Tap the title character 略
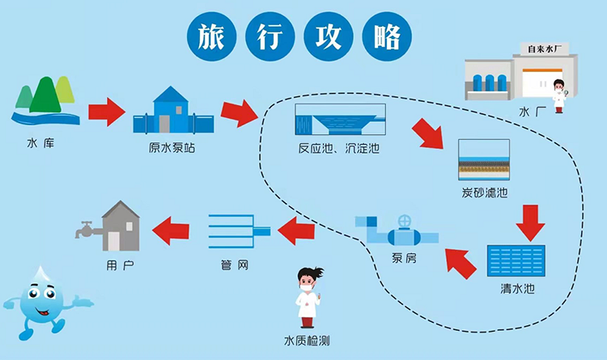[388, 36]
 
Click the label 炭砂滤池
[485, 193]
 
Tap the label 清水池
[518, 288]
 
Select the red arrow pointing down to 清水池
[530, 223]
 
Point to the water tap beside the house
[83, 230]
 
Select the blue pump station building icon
[171, 111]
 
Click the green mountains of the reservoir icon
[45, 95]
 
